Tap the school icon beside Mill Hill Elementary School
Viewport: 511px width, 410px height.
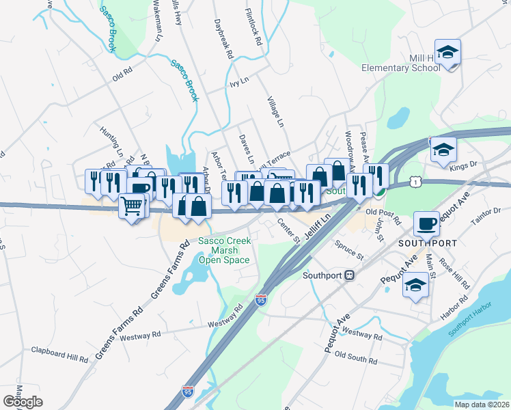[447, 53]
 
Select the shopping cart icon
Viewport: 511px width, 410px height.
[133, 205]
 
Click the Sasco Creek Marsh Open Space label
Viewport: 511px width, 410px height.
[225, 250]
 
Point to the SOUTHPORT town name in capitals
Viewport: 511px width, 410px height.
[427, 243]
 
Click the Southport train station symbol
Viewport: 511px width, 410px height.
[349, 275]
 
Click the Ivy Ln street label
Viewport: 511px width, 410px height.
[236, 86]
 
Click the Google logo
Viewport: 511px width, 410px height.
[23, 402]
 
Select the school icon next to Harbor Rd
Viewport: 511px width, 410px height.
[415, 286]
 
